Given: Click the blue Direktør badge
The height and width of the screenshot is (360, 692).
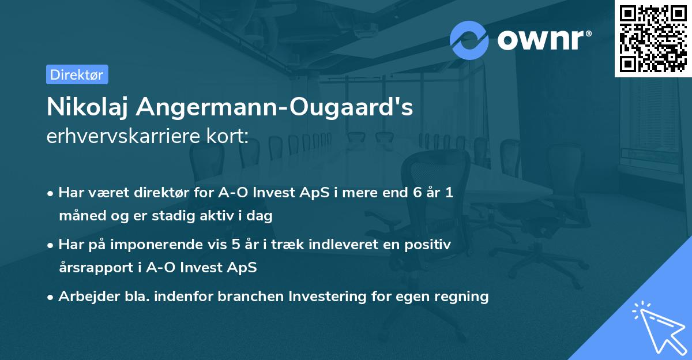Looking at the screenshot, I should pos(77,74).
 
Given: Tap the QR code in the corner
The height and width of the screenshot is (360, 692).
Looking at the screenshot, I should pos(653,38).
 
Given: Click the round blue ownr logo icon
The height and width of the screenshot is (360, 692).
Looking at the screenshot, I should pos(469,40).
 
